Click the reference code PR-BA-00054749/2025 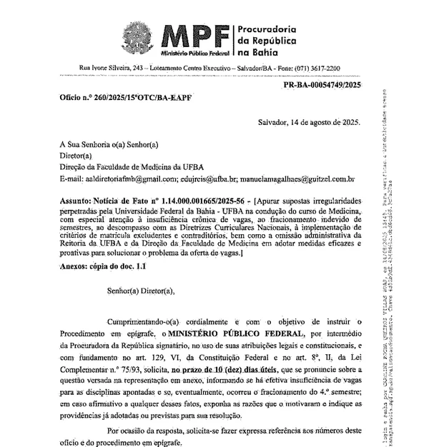322,84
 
